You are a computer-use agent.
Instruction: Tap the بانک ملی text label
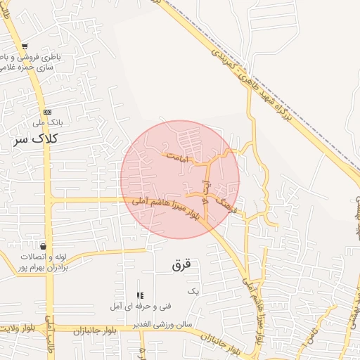coord(51,122)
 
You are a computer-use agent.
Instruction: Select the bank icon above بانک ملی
coord(47,112)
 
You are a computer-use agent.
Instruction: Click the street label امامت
coord(179,159)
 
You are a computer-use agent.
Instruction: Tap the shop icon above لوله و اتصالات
coord(44,247)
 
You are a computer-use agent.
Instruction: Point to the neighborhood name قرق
coord(181,265)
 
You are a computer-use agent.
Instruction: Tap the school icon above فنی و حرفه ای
coord(140,295)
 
